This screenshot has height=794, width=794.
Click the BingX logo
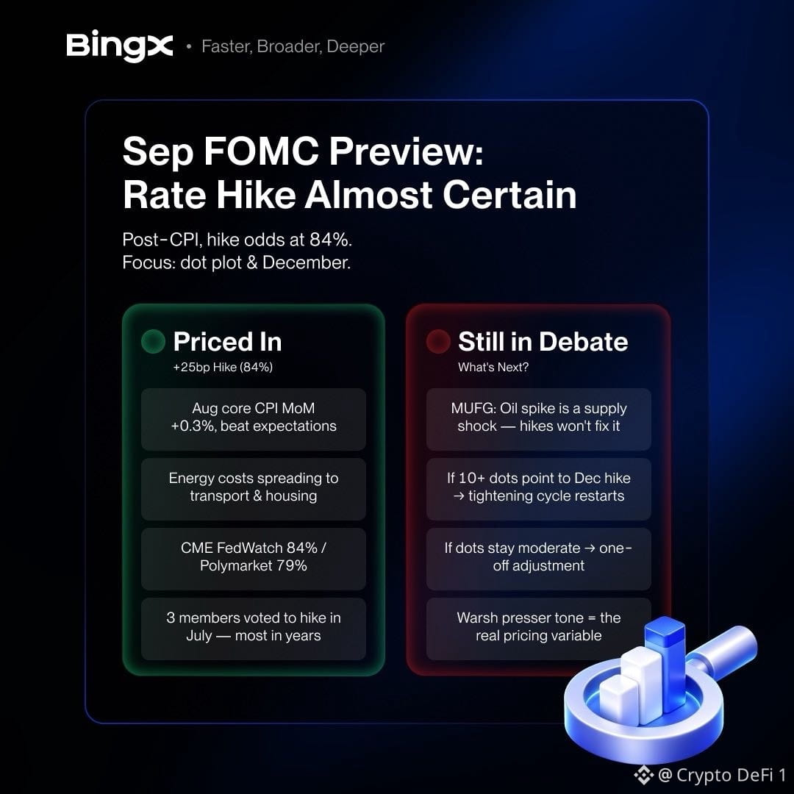(120, 46)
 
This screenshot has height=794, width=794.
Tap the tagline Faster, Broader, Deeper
(293, 46)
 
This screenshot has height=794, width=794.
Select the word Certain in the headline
(510, 195)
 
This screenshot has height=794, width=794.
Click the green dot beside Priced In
(153, 341)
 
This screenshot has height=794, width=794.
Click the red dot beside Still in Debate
(438, 341)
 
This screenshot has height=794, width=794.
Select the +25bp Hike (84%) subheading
(223, 367)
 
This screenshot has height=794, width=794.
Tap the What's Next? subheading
(493, 367)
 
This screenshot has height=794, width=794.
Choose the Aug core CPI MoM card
(253, 419)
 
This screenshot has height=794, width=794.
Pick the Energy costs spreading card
(253, 489)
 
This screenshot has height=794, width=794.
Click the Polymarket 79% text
(253, 565)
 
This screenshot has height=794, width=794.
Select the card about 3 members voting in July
(253, 629)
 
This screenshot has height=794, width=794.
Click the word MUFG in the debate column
(473, 408)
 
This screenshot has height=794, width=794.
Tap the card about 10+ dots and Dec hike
(538, 489)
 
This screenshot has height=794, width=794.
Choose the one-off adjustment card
(538, 559)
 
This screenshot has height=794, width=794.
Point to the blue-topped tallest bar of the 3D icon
(665, 658)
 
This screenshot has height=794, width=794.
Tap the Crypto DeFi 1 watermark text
(723, 775)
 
